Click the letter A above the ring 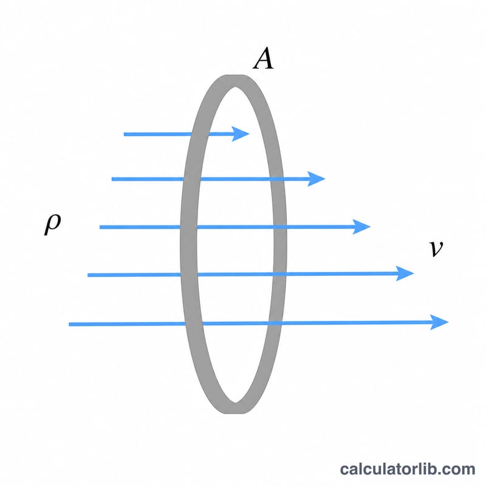(263, 58)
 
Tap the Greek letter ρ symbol (53, 224)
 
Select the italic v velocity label (436, 248)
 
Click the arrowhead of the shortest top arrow (241, 134)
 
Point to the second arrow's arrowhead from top (316, 179)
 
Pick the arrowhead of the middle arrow (361, 227)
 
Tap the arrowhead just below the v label (405, 273)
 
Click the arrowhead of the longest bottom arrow (439, 323)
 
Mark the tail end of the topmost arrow (124, 134)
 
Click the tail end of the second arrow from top (112, 179)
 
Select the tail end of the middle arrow (100, 227)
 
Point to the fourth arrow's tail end (87, 275)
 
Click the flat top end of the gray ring (235, 75)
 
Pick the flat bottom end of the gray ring (235, 412)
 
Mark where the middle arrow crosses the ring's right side (280, 227)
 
